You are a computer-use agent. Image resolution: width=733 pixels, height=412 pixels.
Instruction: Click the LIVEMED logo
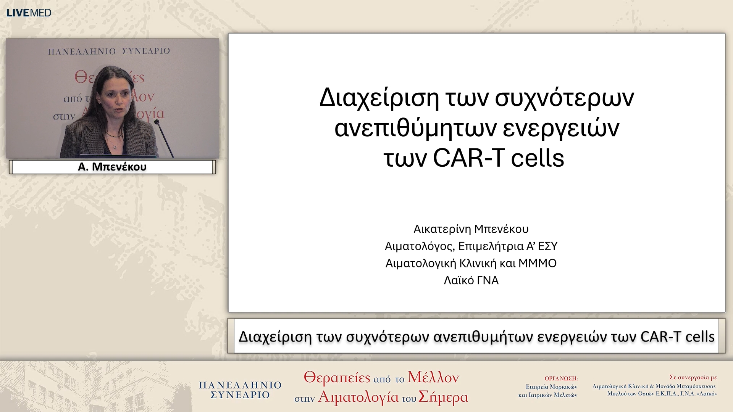(29, 13)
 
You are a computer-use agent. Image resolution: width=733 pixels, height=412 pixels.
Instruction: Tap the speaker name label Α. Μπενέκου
(112, 167)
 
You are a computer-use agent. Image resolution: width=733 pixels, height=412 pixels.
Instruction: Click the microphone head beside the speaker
(157, 122)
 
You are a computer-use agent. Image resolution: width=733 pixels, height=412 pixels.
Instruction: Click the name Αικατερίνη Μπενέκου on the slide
(471, 229)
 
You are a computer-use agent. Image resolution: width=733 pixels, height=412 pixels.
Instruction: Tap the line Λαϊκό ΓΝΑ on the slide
(471, 280)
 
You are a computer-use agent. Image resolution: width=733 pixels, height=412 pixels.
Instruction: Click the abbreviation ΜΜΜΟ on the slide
(537, 263)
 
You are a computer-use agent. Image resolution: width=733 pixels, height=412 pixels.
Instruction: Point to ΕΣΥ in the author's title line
(547, 246)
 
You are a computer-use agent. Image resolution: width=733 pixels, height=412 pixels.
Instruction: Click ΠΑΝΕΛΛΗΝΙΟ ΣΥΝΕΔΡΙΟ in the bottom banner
(240, 390)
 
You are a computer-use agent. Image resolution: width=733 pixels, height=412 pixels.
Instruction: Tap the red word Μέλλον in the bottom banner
(433, 377)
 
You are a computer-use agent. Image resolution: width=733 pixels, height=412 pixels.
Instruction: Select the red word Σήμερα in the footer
(443, 397)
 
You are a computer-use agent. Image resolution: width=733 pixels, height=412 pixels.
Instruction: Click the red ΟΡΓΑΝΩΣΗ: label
(561, 378)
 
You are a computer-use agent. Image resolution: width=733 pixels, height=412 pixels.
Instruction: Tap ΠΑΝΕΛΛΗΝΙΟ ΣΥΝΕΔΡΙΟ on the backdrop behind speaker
(109, 51)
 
